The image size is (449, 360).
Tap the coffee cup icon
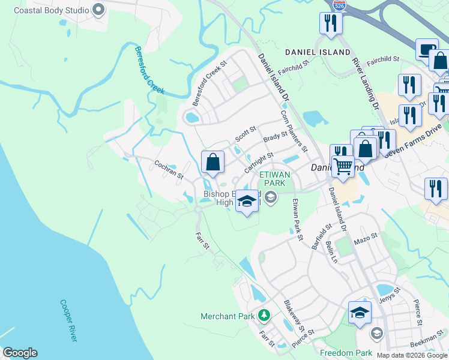pos(427,49)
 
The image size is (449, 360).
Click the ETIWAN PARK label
pos(274,179)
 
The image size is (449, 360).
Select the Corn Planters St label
pos(294,131)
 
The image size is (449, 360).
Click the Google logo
pos(19,353)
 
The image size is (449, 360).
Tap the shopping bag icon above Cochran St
pos(212,162)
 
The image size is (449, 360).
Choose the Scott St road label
pos(246,133)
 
